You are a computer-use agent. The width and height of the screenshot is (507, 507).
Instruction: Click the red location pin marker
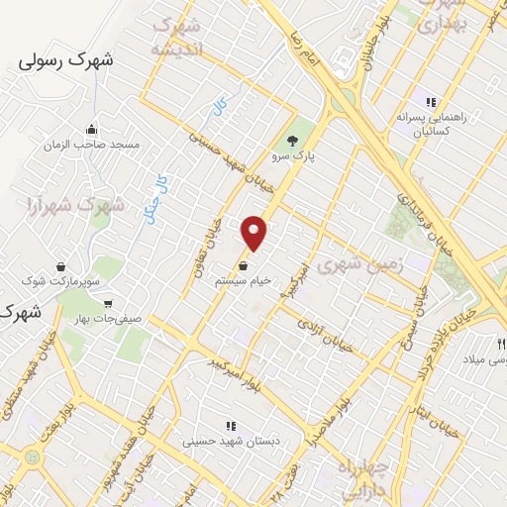point(255,233)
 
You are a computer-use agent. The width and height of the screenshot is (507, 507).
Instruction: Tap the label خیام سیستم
point(244,281)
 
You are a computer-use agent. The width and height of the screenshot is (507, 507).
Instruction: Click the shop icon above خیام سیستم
point(244,265)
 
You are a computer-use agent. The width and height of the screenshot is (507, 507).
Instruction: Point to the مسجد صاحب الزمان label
point(92,145)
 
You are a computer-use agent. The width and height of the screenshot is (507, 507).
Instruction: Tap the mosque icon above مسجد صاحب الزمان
point(92,129)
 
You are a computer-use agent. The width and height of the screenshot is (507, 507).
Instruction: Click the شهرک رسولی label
point(66,60)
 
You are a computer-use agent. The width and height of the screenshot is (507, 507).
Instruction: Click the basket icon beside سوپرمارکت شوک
point(61,266)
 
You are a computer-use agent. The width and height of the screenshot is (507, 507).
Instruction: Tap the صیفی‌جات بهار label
point(108,319)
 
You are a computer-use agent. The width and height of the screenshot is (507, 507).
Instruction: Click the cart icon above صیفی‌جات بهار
point(107,303)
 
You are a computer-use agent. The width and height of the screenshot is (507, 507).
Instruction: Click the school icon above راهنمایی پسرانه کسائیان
point(430,101)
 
